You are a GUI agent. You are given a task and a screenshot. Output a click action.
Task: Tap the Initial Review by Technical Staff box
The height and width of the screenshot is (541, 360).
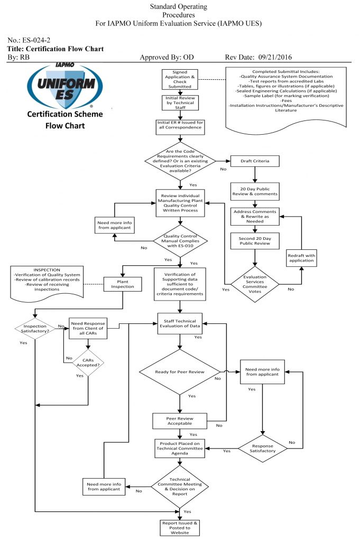coord(180,104)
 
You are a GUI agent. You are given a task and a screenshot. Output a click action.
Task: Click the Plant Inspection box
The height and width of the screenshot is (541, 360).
coord(123,284)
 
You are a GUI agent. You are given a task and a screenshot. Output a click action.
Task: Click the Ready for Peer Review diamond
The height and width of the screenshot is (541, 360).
coord(180,371)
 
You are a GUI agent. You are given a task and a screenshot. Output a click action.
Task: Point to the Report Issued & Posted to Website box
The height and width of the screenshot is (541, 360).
coord(180,527)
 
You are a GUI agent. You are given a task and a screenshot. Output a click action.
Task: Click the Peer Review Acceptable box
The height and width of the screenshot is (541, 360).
coord(180,421)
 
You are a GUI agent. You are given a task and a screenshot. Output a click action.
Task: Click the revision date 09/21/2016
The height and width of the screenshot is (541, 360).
coord(271,57)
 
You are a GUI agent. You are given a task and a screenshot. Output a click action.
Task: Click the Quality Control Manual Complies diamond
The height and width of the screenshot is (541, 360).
coord(180,241)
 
